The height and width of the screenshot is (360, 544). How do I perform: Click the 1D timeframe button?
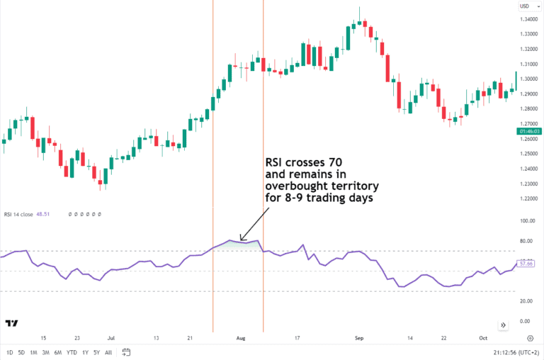click(10, 352)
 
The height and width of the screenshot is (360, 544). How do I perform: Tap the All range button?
click(108, 352)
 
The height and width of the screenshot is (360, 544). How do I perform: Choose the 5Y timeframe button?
click(96, 352)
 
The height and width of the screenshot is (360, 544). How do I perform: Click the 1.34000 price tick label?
click(528, 19)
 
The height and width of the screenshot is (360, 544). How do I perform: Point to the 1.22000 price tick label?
click(528, 198)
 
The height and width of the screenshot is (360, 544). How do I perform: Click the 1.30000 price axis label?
click(528, 79)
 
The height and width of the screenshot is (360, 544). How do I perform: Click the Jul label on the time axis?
click(111, 339)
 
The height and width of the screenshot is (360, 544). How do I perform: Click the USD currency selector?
click(525, 6)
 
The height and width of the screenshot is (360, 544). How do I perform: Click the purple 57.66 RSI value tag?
click(526, 264)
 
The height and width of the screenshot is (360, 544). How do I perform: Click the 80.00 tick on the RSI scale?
click(527, 241)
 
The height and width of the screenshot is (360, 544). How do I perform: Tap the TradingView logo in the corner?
click(11, 323)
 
